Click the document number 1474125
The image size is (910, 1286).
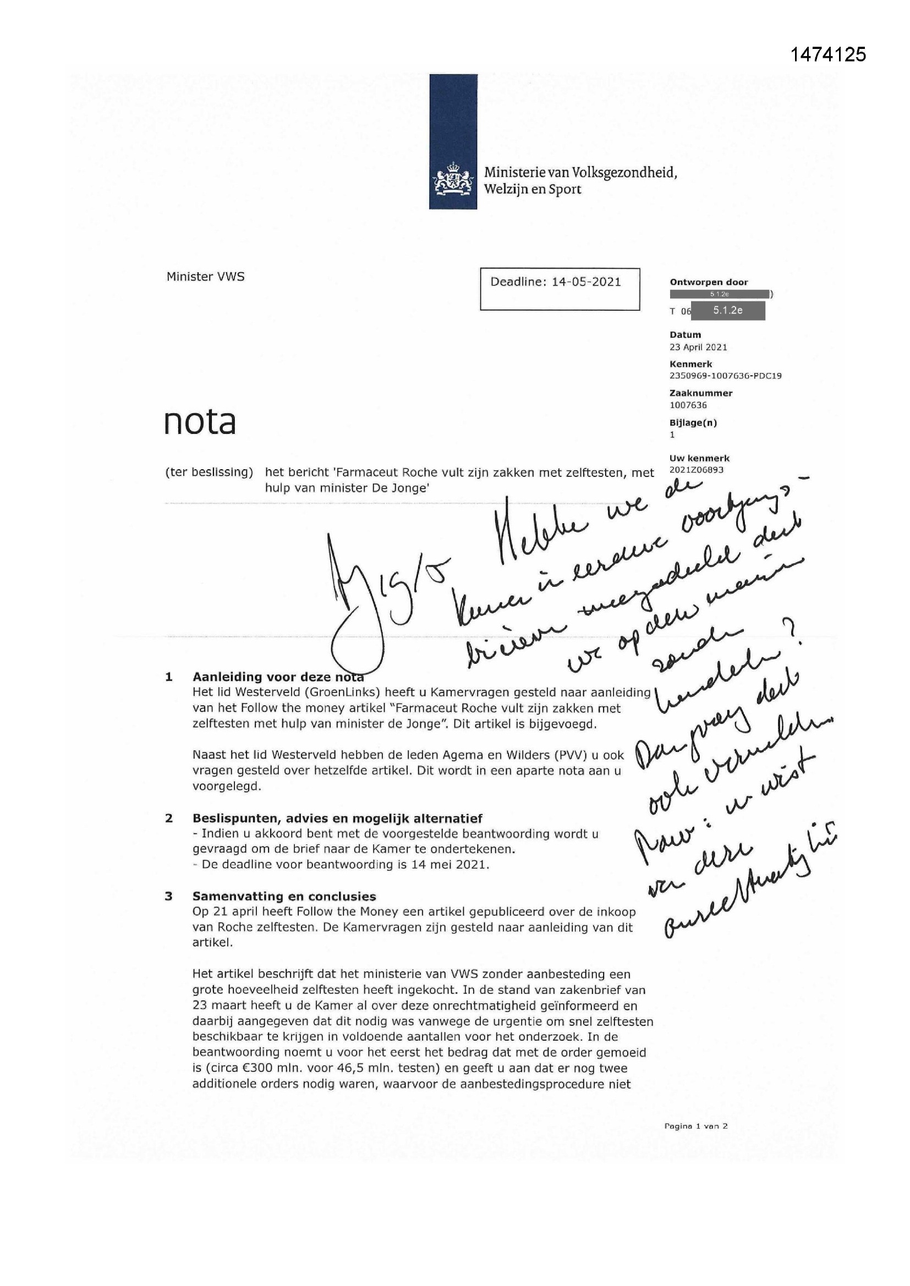(x=827, y=54)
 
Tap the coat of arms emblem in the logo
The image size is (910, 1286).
(x=453, y=179)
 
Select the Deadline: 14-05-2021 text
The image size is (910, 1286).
(x=555, y=282)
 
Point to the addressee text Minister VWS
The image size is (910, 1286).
(x=205, y=277)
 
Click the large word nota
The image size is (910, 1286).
(x=200, y=422)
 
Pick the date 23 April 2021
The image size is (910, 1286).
(x=698, y=347)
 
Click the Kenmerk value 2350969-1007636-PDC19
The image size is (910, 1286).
(x=725, y=376)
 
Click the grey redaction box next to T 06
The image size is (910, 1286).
(x=727, y=310)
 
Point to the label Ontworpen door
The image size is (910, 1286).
(x=708, y=282)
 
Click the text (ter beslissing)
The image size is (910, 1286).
(x=209, y=472)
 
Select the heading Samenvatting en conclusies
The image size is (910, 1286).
(x=284, y=896)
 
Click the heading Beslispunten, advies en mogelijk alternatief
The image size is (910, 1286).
(x=337, y=818)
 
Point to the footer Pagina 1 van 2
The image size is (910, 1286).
(x=695, y=1126)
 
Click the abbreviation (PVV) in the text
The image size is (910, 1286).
(x=571, y=755)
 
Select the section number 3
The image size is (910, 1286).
(x=169, y=896)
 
